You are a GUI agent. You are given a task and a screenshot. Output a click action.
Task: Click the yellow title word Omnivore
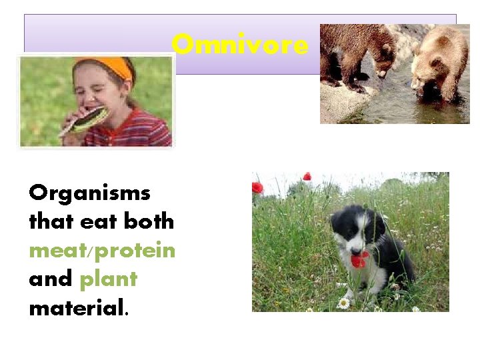pos(240,45)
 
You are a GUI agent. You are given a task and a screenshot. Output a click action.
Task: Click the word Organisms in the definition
pos(89,193)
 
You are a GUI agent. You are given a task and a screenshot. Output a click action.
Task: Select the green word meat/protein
pos(102,250)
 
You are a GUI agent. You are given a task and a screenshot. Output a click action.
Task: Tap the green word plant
pos(108,279)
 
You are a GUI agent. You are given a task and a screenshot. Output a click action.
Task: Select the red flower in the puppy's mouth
pos(360,259)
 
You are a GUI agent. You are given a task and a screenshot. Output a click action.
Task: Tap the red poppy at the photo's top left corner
pos(257,187)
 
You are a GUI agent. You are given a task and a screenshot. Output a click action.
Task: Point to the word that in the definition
pos(51,221)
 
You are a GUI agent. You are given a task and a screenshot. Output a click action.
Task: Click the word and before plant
pos(51,279)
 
